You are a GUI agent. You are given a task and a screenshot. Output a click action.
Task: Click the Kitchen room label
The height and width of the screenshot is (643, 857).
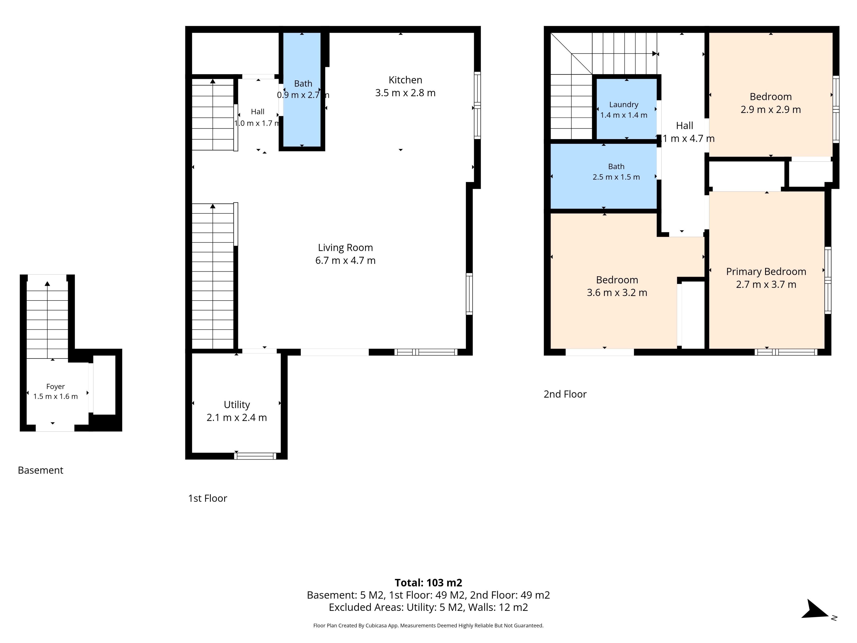point(405,80)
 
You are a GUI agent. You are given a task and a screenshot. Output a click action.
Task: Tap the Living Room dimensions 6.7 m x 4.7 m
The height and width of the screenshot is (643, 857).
point(345,261)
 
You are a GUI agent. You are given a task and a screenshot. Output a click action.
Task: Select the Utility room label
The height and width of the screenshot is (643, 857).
point(237,405)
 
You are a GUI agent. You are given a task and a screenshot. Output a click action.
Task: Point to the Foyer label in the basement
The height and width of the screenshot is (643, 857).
point(55,386)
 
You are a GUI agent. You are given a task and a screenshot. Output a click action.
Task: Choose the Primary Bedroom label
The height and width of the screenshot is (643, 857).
point(766,272)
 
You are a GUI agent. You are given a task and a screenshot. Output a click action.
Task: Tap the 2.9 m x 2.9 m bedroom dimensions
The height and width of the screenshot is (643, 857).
point(771,110)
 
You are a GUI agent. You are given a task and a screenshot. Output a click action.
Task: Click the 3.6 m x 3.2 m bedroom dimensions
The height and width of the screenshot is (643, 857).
point(617,293)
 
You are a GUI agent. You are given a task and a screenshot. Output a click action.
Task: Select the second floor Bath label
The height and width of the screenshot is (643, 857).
point(616,167)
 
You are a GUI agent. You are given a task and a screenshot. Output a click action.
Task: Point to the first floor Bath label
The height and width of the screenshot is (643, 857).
point(303,84)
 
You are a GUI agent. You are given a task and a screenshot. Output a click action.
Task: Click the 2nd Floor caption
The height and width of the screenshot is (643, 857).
point(565,394)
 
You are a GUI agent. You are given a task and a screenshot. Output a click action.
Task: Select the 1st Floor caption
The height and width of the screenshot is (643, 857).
point(208,498)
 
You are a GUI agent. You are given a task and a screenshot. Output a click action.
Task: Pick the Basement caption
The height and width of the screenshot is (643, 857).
point(40,470)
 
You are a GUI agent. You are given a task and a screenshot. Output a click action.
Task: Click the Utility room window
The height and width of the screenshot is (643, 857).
point(255,456)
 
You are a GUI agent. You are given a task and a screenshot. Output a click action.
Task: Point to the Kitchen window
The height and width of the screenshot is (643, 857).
point(477,105)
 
